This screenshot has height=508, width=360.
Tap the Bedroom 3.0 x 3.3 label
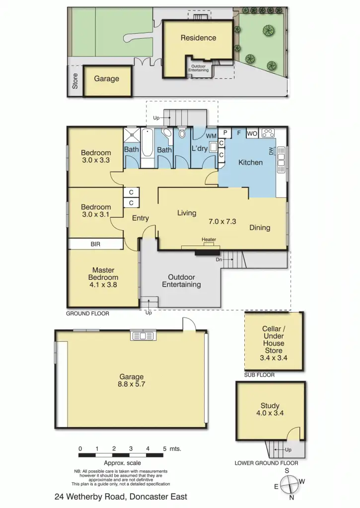[x=96, y=157]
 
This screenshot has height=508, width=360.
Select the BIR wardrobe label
[x=96, y=244]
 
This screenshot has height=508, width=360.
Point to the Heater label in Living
[x=209, y=240]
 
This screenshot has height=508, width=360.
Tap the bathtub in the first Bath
[x=148, y=147]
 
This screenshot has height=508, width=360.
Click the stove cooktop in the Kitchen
[x=269, y=133]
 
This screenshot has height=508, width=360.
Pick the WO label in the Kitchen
[x=252, y=133]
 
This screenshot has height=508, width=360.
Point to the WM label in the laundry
[x=211, y=135]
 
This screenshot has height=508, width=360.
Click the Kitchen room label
[x=250, y=162]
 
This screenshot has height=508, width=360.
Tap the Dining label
[x=260, y=228]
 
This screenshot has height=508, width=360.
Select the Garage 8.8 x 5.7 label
[x=131, y=380]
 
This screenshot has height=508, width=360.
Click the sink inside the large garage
[x=143, y=336]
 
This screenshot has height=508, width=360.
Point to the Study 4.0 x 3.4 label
[x=270, y=409]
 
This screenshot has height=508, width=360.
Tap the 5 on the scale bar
[x=164, y=448]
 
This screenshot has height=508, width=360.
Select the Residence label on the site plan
[x=198, y=38]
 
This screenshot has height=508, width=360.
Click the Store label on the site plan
[x=75, y=81]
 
